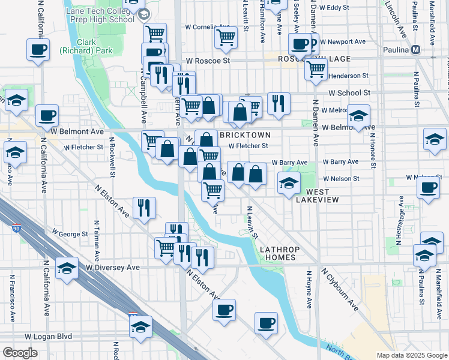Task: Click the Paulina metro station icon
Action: (416, 50)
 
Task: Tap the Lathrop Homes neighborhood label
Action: (278, 253)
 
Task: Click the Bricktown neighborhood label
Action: (245, 135)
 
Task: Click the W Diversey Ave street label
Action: (113, 268)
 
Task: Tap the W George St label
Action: (70, 233)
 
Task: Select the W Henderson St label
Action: (346, 76)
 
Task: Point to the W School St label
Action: (349, 93)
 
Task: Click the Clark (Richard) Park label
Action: (84, 47)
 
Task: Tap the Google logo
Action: (20, 353)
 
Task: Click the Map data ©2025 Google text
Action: (412, 355)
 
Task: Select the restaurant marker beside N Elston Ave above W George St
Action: (144, 208)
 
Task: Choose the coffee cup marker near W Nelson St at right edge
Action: (429, 187)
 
